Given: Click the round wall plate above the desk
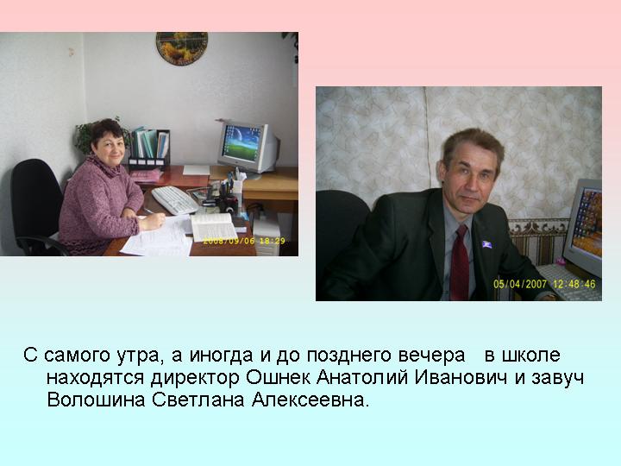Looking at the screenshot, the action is click(182, 48).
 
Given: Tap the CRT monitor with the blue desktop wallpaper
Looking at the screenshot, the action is click(248, 148).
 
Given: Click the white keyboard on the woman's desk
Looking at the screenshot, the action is click(174, 200).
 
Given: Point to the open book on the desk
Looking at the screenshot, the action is click(214, 227).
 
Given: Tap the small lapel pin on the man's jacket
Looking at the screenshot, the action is click(486, 244).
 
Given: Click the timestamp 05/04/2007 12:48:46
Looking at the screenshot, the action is click(544, 284).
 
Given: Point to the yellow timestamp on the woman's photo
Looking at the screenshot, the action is click(244, 241).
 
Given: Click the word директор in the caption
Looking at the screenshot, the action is click(195, 378).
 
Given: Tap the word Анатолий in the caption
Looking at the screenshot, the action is click(362, 378).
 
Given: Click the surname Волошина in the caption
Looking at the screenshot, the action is click(97, 400).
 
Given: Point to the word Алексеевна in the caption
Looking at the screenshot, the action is click(310, 400).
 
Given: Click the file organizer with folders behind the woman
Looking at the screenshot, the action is click(149, 148).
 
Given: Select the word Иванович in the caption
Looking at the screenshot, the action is click(461, 378).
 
